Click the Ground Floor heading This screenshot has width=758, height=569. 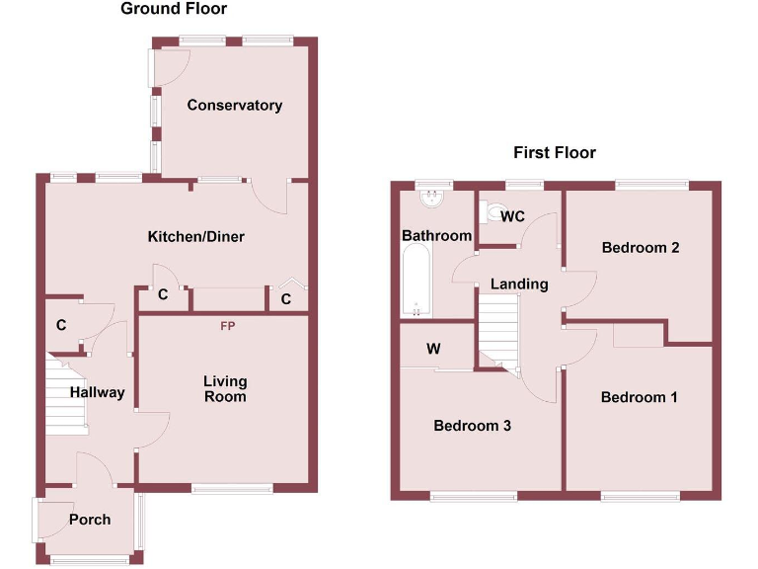(174, 10)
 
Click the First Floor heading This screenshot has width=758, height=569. (555, 153)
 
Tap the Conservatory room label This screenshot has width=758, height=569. (235, 106)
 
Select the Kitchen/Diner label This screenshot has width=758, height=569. (195, 237)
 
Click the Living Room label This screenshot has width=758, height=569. (225, 389)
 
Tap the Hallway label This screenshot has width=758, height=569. (97, 393)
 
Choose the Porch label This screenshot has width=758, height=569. (90, 520)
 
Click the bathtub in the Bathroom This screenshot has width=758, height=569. (416, 282)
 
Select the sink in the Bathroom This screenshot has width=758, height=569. (431, 201)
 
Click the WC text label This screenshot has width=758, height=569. (512, 217)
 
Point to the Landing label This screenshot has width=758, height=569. (519, 284)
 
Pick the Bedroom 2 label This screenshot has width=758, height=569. (641, 248)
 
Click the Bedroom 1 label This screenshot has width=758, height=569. (640, 397)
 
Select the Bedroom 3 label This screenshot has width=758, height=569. (472, 426)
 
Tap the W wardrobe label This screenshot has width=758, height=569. (433, 349)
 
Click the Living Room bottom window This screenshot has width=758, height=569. (232, 487)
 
